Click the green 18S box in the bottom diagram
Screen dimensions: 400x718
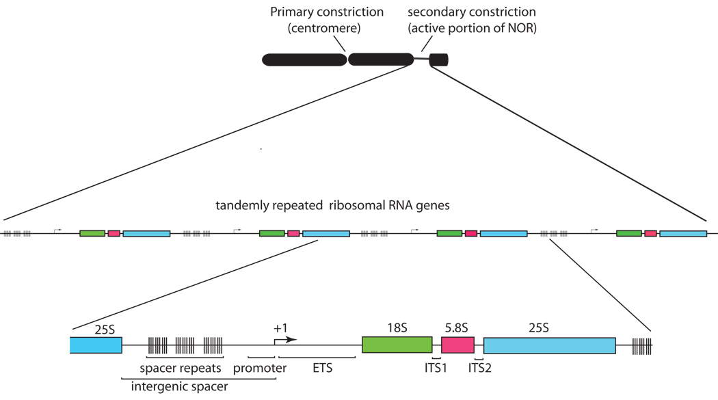[397, 344]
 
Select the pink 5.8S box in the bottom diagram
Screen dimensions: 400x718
[457, 344]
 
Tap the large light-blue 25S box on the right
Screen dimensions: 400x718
[549, 345]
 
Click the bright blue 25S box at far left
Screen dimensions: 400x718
[96, 344]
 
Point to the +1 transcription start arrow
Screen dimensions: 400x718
[286, 338]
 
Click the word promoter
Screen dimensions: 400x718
[260, 369]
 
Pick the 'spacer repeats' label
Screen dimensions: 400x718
[182, 369]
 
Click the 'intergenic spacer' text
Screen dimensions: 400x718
[179, 386]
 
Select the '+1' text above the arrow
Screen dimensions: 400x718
[280, 327]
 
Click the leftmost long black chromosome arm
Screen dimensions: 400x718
[304, 59]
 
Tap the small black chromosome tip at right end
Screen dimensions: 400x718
[439, 59]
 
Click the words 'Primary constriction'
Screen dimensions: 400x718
[327, 12]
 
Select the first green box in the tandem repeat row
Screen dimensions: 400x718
[92, 233]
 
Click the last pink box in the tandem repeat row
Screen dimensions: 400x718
[650, 233]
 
